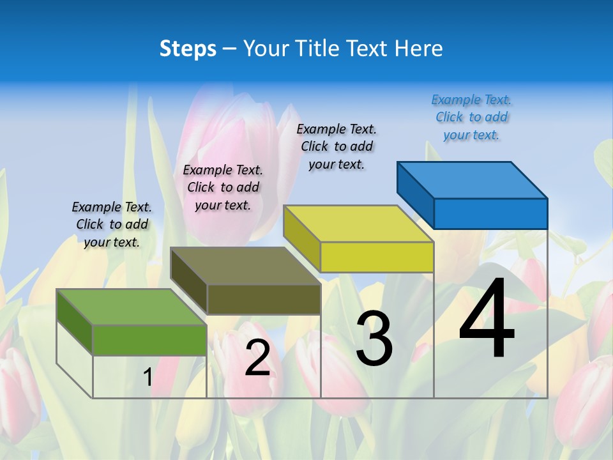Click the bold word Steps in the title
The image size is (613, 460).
(188, 49)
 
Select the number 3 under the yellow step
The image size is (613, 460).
(374, 338)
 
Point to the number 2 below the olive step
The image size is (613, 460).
(257, 358)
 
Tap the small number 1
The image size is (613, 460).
(148, 377)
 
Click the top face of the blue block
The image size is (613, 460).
(473, 180)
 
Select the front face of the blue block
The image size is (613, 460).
(490, 213)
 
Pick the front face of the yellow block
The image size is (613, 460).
(377, 257)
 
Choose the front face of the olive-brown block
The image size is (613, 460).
(264, 299)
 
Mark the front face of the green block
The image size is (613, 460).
(149, 340)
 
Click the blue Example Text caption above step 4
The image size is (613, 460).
(471, 118)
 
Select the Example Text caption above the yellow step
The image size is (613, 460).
(337, 146)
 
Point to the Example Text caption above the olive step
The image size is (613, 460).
(223, 187)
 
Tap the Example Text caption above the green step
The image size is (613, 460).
(112, 224)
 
